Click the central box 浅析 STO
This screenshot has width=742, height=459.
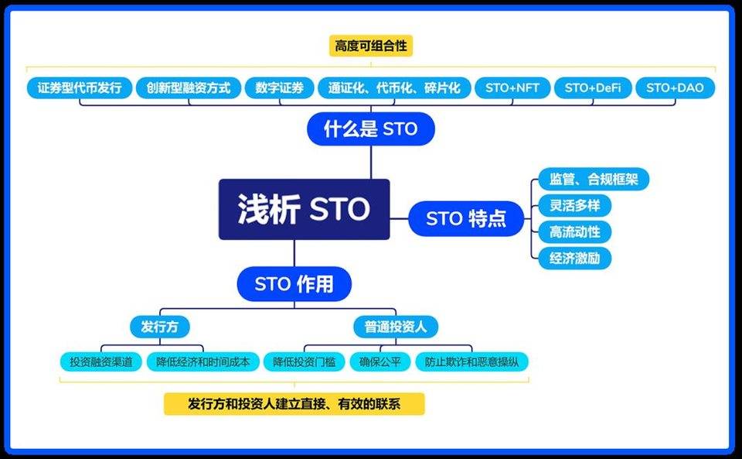pyautogui.click(x=304, y=210)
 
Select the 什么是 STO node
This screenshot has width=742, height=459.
pyautogui.click(x=370, y=128)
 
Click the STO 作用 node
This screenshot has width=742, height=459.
pyautogui.click(x=294, y=284)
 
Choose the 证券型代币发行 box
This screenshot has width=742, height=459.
pyautogui.click(x=80, y=87)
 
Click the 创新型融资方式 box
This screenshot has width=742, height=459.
pyautogui.click(x=189, y=87)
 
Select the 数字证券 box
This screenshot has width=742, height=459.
pyautogui.click(x=279, y=87)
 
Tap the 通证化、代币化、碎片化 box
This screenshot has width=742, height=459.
pyautogui.click(x=394, y=87)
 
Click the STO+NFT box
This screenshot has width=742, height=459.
pyautogui.click(x=512, y=87)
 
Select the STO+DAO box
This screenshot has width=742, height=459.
pyautogui.click(x=675, y=87)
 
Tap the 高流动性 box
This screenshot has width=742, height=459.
pyautogui.click(x=574, y=231)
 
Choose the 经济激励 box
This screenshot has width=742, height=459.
pyautogui.click(x=574, y=258)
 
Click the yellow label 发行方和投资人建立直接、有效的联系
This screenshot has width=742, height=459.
pyautogui.click(x=294, y=403)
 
